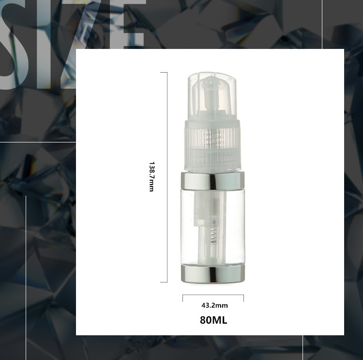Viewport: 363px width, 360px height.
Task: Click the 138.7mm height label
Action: pos(151,177)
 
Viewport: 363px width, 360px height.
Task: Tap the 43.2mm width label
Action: pos(214,305)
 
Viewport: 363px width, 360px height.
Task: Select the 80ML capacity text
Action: pos(213,320)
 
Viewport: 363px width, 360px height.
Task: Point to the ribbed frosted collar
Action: pos(212,145)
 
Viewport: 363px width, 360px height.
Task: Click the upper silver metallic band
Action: pos(212,181)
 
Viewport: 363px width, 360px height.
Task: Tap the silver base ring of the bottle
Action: pos(212,274)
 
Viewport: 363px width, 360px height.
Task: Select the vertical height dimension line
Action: pos(167,177)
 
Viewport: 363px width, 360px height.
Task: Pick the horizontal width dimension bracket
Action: pos(213,295)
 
